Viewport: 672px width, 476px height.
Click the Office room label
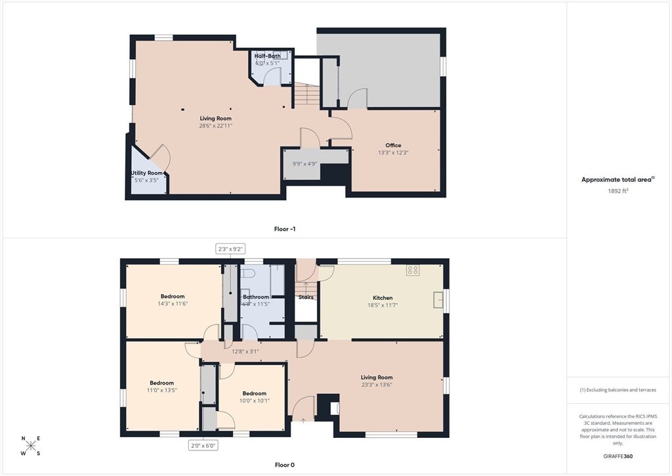coord(393,145)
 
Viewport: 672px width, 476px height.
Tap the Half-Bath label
coord(268,56)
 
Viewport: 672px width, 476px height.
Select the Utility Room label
coord(146,173)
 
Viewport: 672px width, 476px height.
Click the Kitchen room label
coord(383,297)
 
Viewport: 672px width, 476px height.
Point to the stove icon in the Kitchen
coord(413,269)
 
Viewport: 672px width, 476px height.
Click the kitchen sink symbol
coord(438,300)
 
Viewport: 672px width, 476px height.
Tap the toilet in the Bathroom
coord(247,273)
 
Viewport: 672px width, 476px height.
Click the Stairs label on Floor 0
coord(306,297)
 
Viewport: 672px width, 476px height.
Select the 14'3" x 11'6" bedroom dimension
coord(173,303)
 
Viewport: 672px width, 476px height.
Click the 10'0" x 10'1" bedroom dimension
coord(254,400)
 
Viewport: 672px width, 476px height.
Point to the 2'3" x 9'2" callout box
coord(230,249)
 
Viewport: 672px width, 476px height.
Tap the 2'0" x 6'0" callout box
coord(203,445)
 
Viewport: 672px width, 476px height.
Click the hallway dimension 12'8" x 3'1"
coord(245,351)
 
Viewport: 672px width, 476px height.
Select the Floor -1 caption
coord(285,229)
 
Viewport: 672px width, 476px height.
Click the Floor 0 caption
coord(285,465)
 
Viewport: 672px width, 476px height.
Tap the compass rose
coord(30,446)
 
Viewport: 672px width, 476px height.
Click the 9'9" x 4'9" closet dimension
coord(305,163)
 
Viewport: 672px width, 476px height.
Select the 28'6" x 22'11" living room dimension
coord(216,125)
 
